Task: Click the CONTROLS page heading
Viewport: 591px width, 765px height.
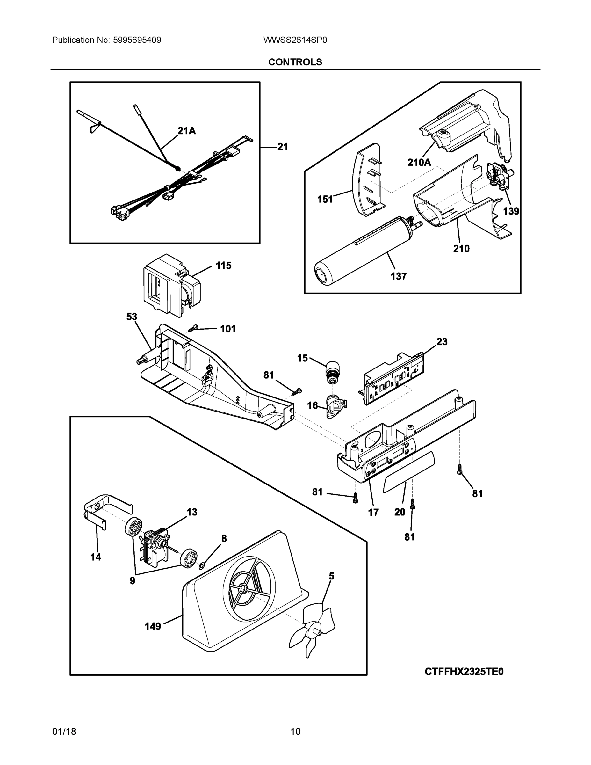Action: [x=295, y=62]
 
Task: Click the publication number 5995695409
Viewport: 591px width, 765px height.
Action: [x=137, y=40]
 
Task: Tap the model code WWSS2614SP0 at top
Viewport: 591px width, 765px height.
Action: [x=295, y=40]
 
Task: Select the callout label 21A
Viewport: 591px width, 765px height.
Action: [x=186, y=131]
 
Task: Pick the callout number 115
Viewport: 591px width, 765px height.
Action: [x=223, y=266]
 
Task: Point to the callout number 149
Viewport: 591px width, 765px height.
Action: [x=153, y=626]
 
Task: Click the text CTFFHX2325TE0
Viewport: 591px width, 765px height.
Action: [x=464, y=672]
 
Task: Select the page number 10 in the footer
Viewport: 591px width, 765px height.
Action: [x=295, y=732]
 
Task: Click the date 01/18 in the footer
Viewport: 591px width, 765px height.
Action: [x=64, y=732]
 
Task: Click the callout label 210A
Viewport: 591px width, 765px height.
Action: [x=419, y=162]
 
